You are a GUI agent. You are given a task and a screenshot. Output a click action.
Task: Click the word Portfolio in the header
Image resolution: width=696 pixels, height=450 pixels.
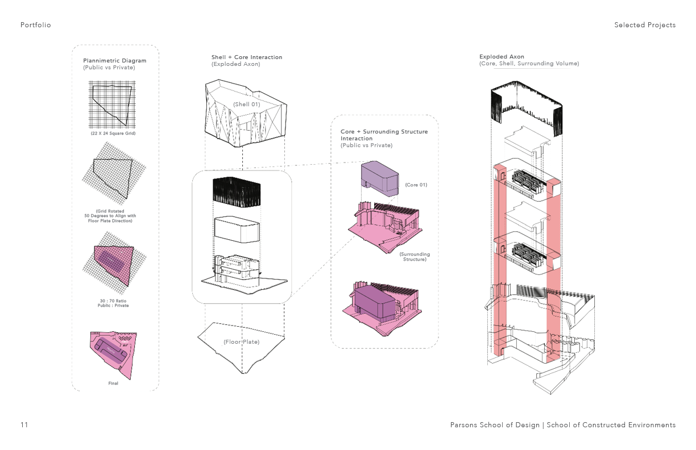[35, 25]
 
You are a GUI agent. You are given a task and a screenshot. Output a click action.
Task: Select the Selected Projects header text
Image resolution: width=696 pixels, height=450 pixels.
[645, 25]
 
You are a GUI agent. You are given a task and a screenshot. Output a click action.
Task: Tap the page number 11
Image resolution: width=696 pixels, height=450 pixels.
[24, 425]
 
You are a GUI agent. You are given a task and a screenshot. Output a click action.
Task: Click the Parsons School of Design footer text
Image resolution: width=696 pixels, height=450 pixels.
[495, 425]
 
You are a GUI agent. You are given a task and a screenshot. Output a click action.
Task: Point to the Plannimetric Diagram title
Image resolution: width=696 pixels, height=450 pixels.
[114, 61]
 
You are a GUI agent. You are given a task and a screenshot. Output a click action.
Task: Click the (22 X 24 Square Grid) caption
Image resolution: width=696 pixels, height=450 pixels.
[113, 134]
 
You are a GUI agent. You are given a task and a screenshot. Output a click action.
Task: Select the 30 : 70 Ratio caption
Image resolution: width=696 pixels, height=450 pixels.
[113, 303]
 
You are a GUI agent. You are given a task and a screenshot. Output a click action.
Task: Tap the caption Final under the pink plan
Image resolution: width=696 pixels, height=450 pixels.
[113, 384]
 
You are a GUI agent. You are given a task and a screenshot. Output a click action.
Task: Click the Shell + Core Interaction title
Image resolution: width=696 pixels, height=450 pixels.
[247, 57]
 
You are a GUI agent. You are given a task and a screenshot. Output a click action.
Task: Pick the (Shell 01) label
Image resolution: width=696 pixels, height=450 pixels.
[246, 104]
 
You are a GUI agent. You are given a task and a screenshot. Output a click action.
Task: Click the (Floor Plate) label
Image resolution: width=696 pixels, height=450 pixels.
[241, 342]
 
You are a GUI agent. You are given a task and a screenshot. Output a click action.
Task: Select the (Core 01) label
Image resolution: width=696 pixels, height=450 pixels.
[416, 185]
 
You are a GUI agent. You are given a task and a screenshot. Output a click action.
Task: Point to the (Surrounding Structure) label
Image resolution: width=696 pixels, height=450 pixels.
[415, 257]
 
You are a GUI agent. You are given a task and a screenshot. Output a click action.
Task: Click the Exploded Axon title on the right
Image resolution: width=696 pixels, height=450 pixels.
[502, 57]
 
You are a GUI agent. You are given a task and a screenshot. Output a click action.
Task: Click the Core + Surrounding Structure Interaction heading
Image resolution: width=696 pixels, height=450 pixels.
[384, 135]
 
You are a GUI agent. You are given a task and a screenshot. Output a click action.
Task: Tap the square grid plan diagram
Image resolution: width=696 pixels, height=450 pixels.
[112, 105]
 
